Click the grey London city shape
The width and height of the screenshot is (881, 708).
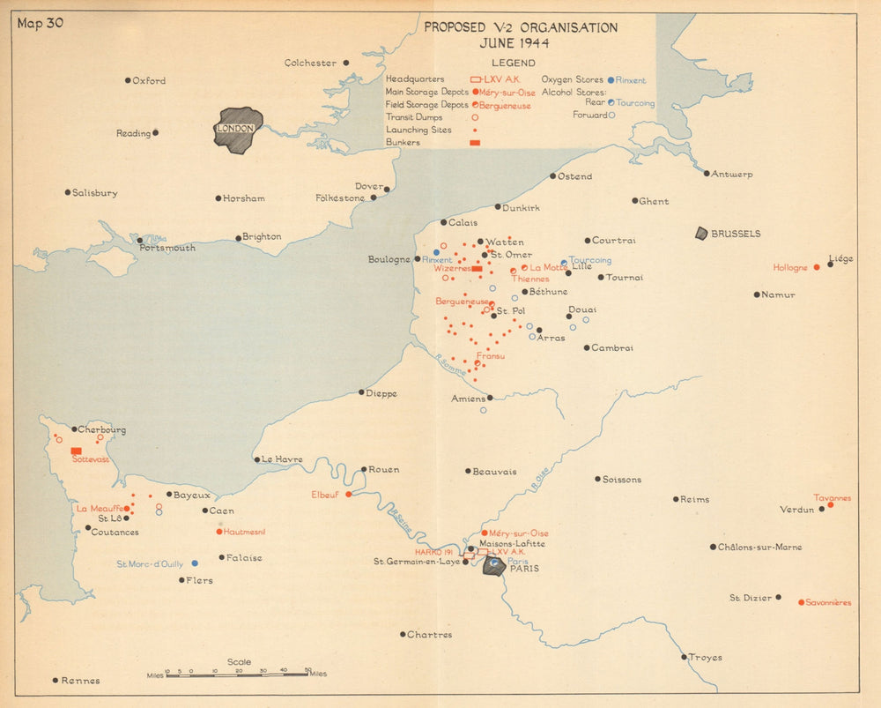238,130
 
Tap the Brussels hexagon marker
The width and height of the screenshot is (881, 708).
701,234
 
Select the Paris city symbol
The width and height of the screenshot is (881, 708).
494,565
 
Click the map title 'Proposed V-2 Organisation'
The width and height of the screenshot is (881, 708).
521,27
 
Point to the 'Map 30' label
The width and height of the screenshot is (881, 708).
39,23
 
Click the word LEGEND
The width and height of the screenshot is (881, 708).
513,63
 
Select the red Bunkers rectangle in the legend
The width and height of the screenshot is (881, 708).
475,142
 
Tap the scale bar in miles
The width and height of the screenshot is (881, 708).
237,674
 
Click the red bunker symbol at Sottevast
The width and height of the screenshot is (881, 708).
77,451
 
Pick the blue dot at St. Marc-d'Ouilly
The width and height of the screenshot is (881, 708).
195,563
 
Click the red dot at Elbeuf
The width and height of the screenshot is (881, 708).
349,495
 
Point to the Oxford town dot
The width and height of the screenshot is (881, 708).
128,80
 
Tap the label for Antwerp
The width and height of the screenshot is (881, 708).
733,175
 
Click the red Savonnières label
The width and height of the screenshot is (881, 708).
830,603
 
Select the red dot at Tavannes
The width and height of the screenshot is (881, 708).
830,504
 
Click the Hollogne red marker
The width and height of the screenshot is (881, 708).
817,267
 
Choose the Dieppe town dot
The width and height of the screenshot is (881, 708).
361,392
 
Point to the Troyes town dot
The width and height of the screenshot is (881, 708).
684,656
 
